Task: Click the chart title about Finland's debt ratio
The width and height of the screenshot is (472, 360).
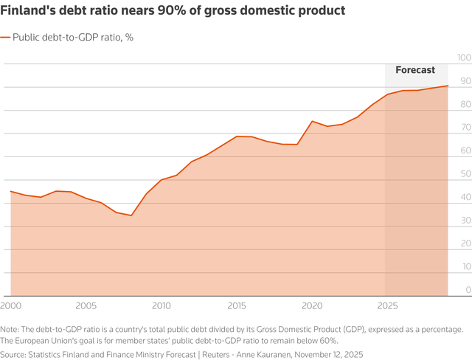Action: pos(176,12)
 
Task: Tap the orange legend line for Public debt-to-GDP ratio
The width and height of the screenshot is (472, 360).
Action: pos(6,36)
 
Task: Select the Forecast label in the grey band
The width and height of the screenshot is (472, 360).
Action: pos(415,70)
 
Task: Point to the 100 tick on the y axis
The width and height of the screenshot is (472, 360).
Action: pos(464,58)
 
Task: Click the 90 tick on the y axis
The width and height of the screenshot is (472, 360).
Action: pos(464,81)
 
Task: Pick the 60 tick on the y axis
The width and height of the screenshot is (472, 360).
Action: pos(464,150)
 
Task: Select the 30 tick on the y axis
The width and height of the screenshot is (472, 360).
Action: pos(464,220)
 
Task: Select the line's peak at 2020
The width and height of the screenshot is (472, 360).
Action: pos(311,121)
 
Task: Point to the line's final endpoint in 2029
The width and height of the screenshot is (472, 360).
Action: pos(447,86)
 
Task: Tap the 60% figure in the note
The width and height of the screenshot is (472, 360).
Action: pos(326,340)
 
